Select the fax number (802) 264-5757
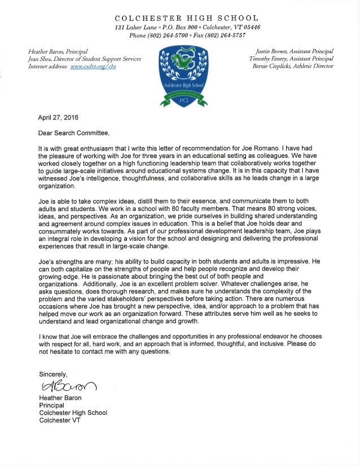tap(231, 36)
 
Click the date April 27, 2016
tap(59, 118)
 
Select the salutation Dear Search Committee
tap(73, 134)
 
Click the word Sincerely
tap(53, 374)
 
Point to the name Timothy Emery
tap(270, 58)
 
